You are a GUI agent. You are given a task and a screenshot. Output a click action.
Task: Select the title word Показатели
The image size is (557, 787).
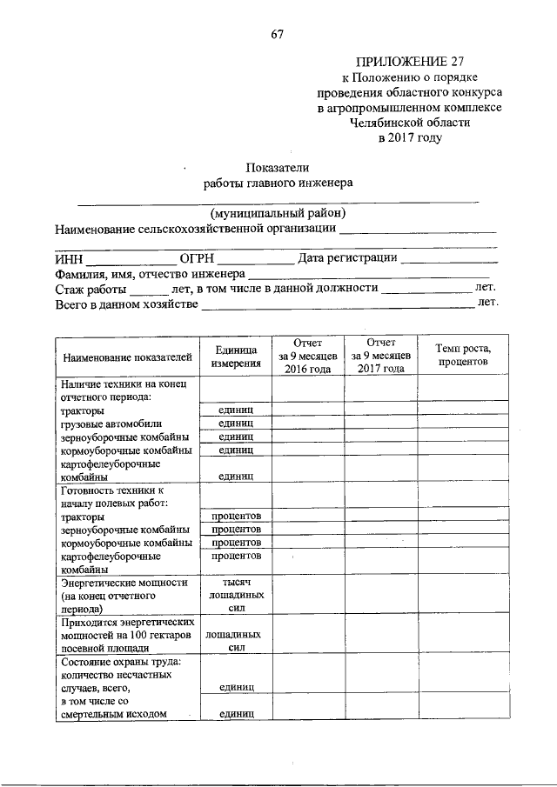(x=278, y=167)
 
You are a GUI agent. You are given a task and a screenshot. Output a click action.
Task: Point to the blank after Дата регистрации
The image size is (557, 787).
(x=449, y=259)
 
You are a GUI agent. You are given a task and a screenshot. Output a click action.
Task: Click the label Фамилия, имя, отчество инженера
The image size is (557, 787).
(x=151, y=273)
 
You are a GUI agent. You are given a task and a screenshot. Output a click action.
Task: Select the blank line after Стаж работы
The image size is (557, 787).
(x=153, y=290)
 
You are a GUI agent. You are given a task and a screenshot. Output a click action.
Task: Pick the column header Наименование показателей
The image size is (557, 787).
(x=126, y=357)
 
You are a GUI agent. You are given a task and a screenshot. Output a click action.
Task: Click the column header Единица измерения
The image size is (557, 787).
(x=236, y=356)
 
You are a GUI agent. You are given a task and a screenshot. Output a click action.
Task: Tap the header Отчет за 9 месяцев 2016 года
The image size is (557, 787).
(x=307, y=356)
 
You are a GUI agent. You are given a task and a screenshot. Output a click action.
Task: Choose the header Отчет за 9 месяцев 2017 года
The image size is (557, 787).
(x=380, y=356)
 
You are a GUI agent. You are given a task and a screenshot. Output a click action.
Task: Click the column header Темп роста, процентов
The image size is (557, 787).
(x=462, y=355)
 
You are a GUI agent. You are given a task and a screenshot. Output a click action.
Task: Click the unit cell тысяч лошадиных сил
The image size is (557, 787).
(x=236, y=596)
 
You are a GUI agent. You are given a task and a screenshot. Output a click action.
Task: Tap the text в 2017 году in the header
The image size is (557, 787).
(x=409, y=137)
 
